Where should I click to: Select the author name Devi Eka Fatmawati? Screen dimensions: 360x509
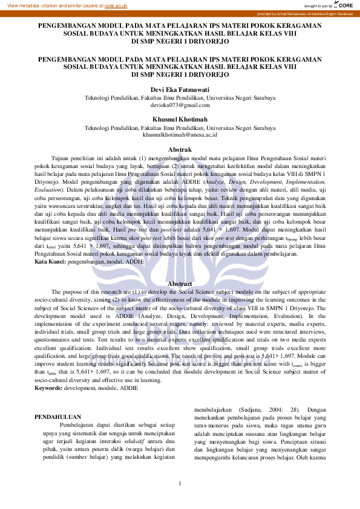(180, 89)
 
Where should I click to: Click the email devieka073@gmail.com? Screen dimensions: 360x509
(180, 105)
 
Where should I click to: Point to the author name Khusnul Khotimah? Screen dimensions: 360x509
(180, 119)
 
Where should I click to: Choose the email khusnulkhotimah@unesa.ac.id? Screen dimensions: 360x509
(180, 135)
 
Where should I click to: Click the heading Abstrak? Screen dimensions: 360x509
(180, 149)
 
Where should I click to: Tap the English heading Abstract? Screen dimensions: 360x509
(180, 284)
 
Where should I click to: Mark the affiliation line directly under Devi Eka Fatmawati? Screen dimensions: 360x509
(180, 97)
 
